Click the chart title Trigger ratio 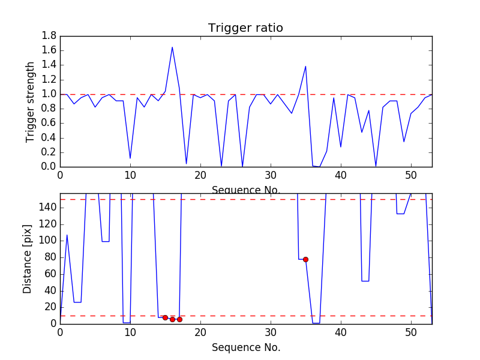tap(245, 28)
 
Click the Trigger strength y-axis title tap(31, 101)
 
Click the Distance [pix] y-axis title tap(28, 259)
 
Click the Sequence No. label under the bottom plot tap(245, 347)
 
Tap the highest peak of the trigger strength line tap(172, 47)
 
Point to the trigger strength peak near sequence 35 tap(305, 66)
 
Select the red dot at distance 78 tap(305, 259)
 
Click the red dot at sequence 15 tap(165, 317)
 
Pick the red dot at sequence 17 tap(179, 319)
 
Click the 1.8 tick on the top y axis tap(49, 36)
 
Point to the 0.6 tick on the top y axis tap(49, 123)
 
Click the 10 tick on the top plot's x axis tap(130, 175)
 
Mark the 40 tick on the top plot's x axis tap(341, 175)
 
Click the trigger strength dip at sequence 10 tap(130, 158)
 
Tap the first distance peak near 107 tap(67, 235)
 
